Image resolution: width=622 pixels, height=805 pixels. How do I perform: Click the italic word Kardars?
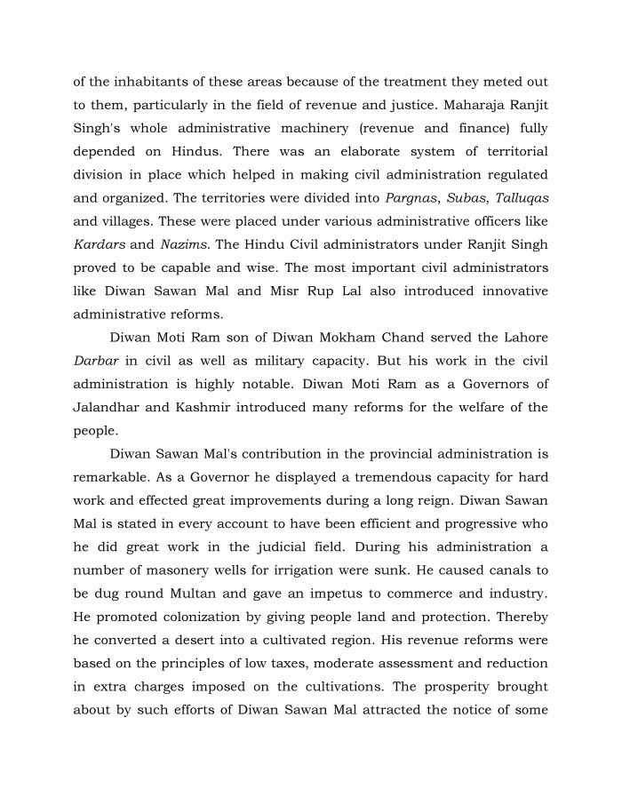[x=100, y=243]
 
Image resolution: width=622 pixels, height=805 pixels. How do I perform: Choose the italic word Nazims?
[x=184, y=243]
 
